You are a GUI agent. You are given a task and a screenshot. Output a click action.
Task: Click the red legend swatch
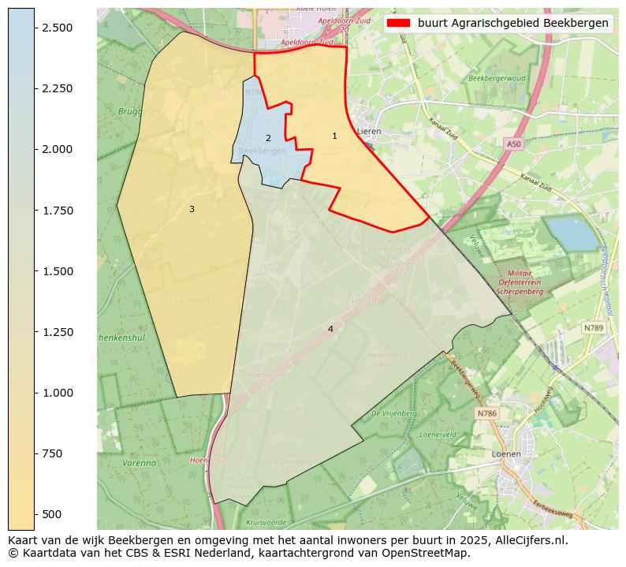coord(399,23)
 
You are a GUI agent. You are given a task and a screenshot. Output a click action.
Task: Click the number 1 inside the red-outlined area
coord(334,136)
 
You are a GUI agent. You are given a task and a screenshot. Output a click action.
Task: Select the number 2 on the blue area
coord(268,138)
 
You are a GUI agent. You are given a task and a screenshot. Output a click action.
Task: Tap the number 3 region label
coord(192,209)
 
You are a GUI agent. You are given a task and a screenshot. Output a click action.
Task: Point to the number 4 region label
coord(330,329)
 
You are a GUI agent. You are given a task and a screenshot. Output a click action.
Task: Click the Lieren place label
coord(368,131)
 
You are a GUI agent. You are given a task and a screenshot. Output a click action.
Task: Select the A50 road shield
coord(514,144)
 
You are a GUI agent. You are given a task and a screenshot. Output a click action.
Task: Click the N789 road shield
coord(593,327)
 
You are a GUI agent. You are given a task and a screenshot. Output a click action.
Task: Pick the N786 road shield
coord(487,413)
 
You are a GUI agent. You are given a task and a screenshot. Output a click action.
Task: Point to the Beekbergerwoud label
coord(496,79)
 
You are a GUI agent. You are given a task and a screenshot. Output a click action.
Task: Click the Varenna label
coord(140,463)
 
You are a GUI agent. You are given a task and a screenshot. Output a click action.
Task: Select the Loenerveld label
coord(438,435)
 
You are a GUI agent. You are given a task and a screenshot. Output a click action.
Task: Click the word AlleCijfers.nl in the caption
coord(525,541)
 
